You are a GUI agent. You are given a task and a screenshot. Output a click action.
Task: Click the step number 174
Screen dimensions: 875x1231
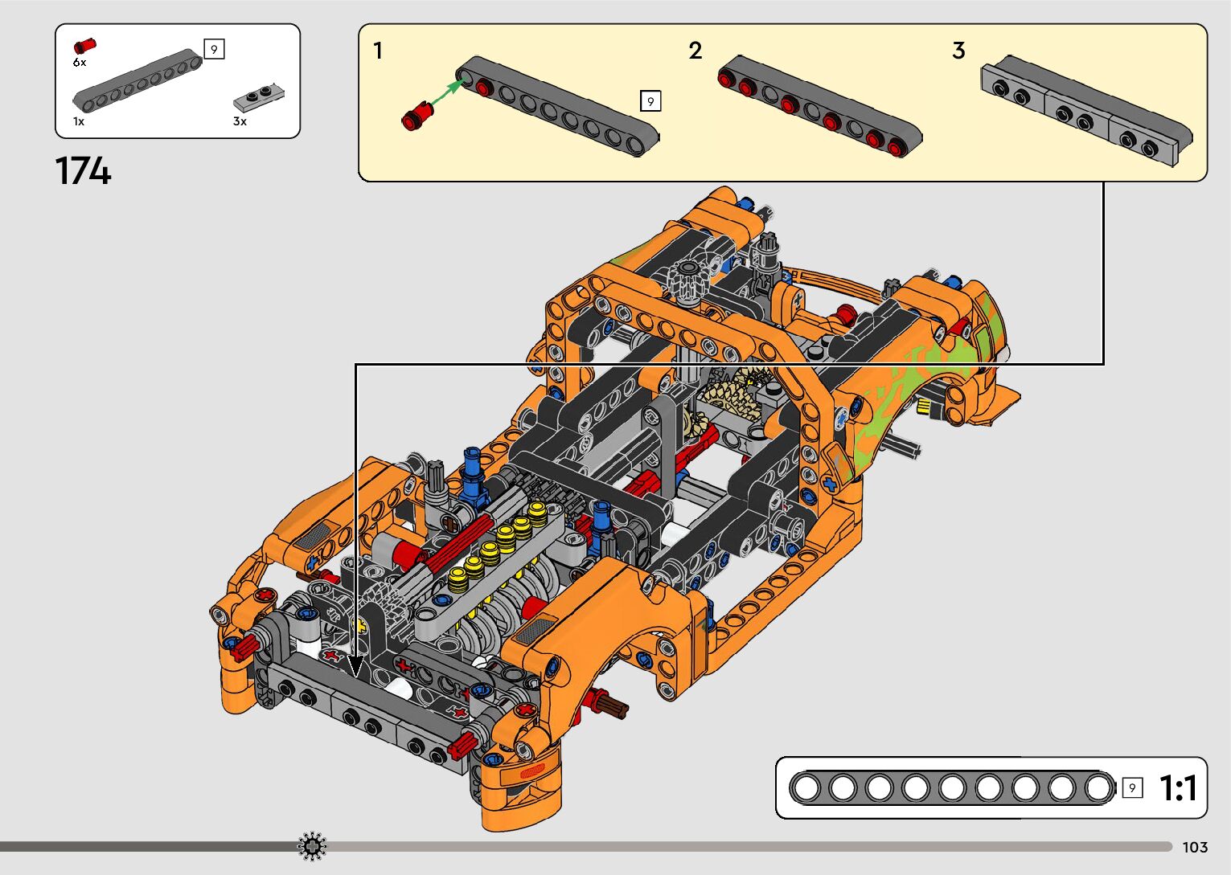pyautogui.click(x=83, y=171)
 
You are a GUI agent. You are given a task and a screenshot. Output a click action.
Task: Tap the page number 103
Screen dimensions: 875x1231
pyautogui.click(x=1195, y=847)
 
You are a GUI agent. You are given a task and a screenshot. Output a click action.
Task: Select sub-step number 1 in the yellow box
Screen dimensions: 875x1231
pyautogui.click(x=378, y=51)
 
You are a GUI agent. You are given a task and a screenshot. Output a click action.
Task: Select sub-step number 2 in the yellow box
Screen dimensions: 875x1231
pyautogui.click(x=696, y=51)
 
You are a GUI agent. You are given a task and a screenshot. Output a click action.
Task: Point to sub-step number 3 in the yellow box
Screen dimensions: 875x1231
pyautogui.click(x=958, y=51)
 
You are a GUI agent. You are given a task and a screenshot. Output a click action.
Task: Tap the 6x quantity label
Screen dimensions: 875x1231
pyautogui.click(x=80, y=63)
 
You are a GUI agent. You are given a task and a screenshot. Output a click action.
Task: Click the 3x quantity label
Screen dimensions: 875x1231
pyautogui.click(x=240, y=122)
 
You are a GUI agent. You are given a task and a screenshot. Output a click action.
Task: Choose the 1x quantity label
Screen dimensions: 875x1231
pyautogui.click(x=79, y=122)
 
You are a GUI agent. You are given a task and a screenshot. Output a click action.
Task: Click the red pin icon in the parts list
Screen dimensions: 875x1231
pyautogui.click(x=84, y=46)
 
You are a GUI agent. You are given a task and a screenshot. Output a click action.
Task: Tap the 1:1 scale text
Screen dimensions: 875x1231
pyautogui.click(x=1178, y=788)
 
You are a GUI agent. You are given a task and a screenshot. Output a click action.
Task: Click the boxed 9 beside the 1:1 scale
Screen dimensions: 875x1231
pyautogui.click(x=1132, y=788)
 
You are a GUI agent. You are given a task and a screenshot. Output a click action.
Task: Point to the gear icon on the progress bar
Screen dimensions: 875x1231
pyautogui.click(x=312, y=846)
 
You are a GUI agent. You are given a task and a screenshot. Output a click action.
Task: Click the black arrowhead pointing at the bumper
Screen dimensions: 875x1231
pyautogui.click(x=355, y=666)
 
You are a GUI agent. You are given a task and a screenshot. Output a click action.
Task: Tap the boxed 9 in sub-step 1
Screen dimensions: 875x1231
pyautogui.click(x=650, y=101)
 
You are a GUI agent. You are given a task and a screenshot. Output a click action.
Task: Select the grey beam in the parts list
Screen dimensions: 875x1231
pyautogui.click(x=137, y=80)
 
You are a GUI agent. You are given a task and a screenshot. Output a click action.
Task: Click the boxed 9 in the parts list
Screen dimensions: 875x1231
pyautogui.click(x=214, y=50)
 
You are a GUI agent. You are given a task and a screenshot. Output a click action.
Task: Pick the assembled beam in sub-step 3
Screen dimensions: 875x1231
pyautogui.click(x=1085, y=112)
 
